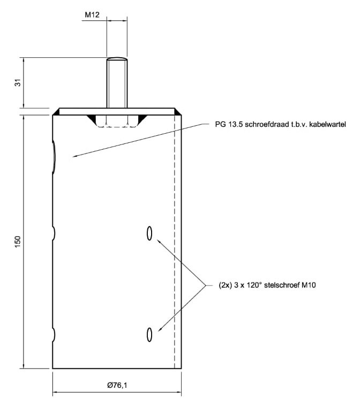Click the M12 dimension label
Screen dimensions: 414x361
click(x=92, y=15)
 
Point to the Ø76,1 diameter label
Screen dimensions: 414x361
click(x=117, y=385)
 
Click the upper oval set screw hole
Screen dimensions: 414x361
click(x=149, y=233)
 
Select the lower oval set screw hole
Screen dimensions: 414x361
click(x=149, y=334)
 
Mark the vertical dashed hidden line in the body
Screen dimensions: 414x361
click(x=175, y=241)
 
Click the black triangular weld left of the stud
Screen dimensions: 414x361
click(x=93, y=117)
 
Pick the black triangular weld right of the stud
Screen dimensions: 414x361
click(x=142, y=117)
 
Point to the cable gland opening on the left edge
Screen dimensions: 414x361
click(x=55, y=157)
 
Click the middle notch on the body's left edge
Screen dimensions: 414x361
click(x=54, y=233)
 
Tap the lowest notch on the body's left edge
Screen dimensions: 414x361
click(x=54, y=334)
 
